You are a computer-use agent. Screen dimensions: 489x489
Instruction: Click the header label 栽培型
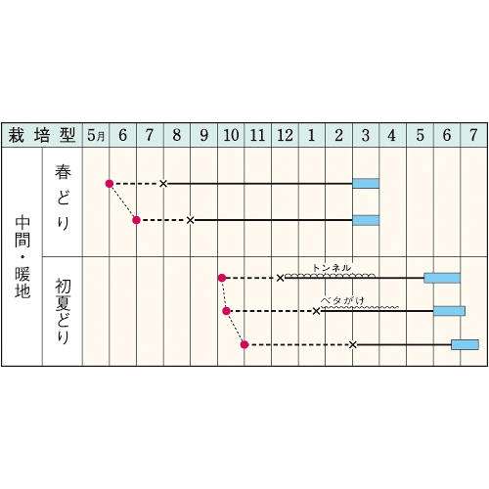[x=42, y=135]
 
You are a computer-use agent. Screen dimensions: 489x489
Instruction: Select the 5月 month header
[x=96, y=135]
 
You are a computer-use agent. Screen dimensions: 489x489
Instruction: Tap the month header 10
[x=231, y=135]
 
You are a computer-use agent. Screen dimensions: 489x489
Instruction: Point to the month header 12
[x=285, y=135]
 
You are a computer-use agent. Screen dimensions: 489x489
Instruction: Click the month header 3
[x=366, y=135]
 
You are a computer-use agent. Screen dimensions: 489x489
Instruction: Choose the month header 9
[x=203, y=135]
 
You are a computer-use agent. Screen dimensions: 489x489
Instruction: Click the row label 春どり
[x=63, y=198]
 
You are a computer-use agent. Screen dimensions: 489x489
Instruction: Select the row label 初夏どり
[x=63, y=311]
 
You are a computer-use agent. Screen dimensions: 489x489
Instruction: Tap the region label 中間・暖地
[x=22, y=257]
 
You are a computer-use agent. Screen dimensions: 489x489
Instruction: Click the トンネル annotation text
[x=332, y=268]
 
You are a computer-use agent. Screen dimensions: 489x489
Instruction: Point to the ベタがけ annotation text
[x=342, y=300]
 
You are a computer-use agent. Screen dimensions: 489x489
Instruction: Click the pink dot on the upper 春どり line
[x=110, y=184]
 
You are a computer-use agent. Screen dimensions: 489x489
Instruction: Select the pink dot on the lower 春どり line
[x=136, y=220]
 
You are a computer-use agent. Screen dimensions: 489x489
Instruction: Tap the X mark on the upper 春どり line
[x=163, y=184]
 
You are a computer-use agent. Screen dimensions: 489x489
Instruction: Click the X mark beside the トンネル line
[x=280, y=278]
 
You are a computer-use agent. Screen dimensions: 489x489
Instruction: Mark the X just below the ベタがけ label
[x=316, y=311]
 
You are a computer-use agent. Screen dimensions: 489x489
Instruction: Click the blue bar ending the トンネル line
[x=442, y=278]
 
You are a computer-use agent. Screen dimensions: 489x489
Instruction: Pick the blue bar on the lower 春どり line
[x=366, y=220]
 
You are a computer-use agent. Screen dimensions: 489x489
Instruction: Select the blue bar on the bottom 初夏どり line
[x=465, y=344]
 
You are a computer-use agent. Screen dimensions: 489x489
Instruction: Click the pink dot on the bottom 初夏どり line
[x=244, y=344]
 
